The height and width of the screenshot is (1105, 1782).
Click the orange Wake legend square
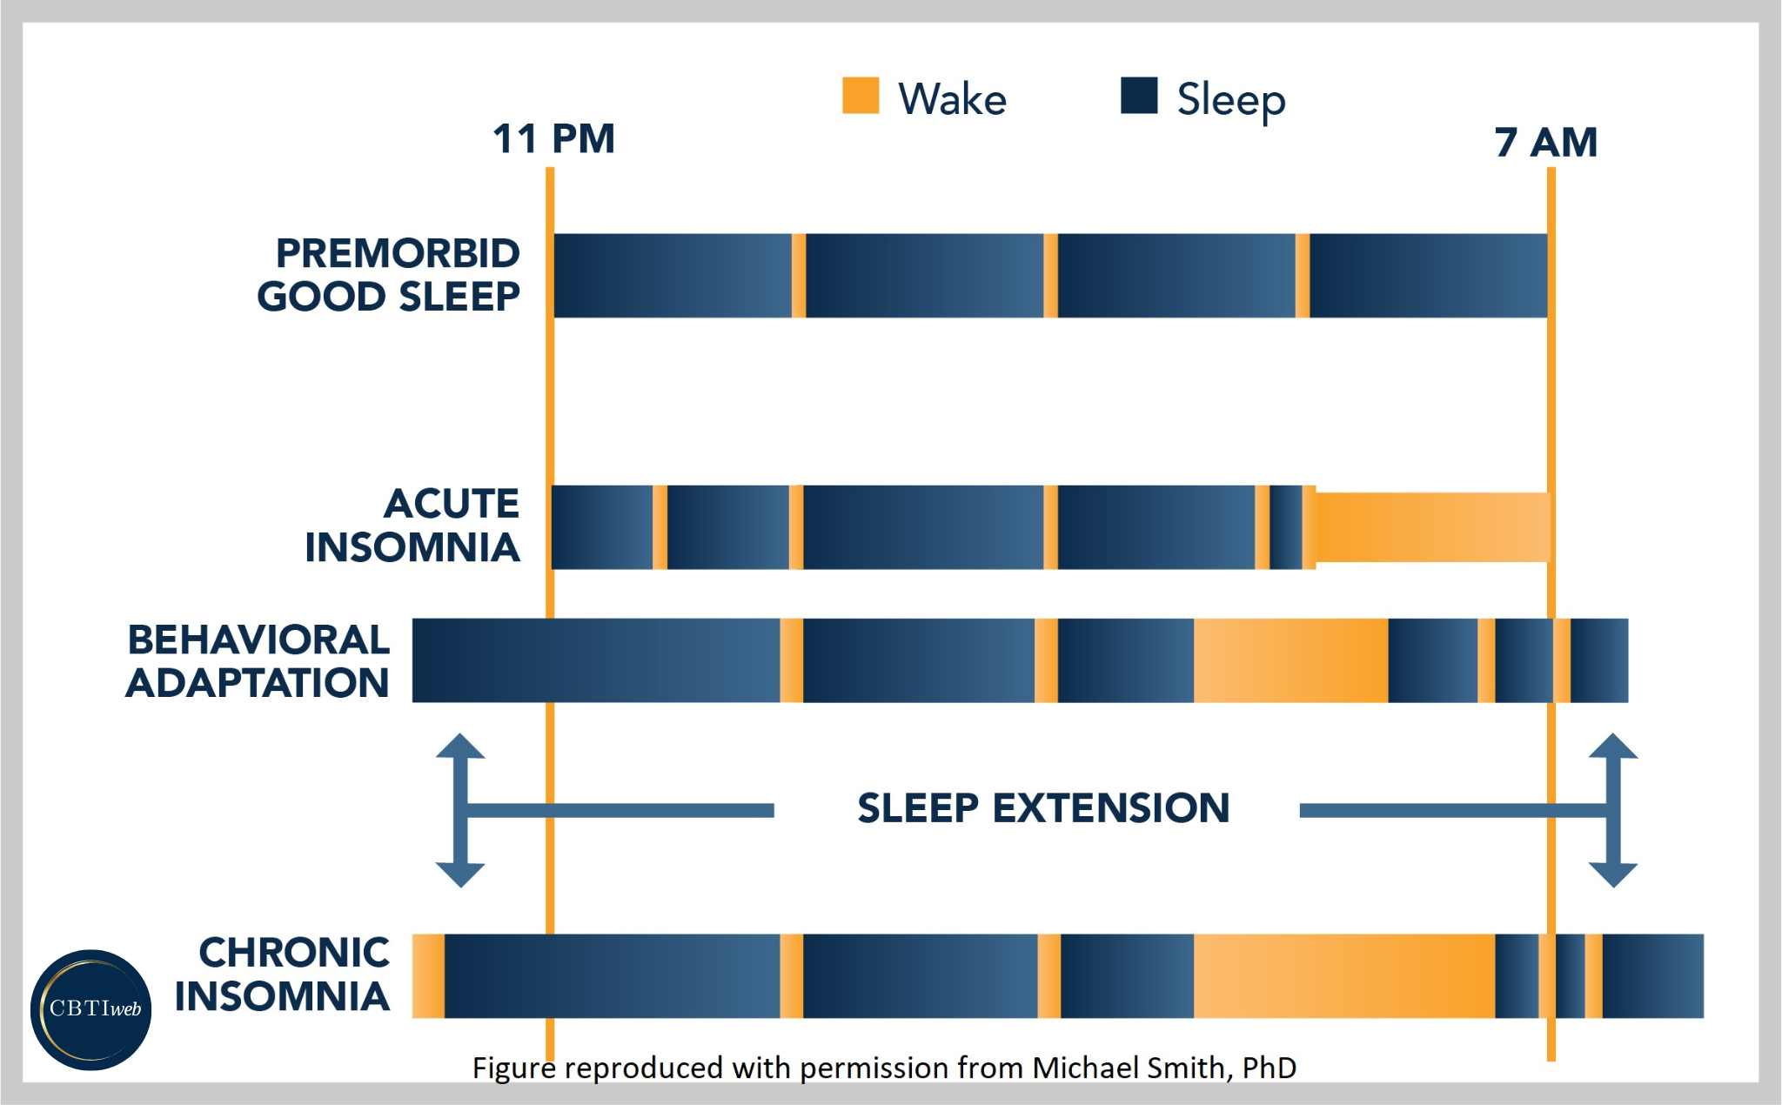click(861, 96)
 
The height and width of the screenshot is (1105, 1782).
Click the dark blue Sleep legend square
click(1139, 96)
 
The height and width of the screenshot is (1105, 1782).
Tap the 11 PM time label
click(553, 139)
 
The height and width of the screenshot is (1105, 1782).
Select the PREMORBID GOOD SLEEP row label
click(389, 275)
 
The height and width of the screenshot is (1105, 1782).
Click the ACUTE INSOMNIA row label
click(412, 526)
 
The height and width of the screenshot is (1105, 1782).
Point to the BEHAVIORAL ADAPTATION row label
click(258, 661)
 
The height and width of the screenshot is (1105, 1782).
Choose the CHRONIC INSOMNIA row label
click(283, 974)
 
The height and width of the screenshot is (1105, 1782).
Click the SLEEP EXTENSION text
click(1043, 808)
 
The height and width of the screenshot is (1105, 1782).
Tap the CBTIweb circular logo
click(91, 1009)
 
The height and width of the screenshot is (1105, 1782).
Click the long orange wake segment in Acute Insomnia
click(1432, 527)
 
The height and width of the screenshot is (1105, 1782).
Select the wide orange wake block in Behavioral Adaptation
click(1290, 660)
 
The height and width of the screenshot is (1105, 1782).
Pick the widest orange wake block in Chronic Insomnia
click(1343, 975)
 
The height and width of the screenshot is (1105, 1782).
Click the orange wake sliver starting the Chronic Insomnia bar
click(427, 975)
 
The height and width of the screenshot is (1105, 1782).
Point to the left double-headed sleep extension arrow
click(460, 810)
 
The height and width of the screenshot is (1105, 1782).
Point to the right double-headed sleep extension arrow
click(1613, 810)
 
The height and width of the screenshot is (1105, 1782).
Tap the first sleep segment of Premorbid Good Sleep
click(672, 275)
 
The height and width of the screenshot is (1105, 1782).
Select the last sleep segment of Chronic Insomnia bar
click(1652, 975)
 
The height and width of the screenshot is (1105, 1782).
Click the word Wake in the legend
click(952, 99)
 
